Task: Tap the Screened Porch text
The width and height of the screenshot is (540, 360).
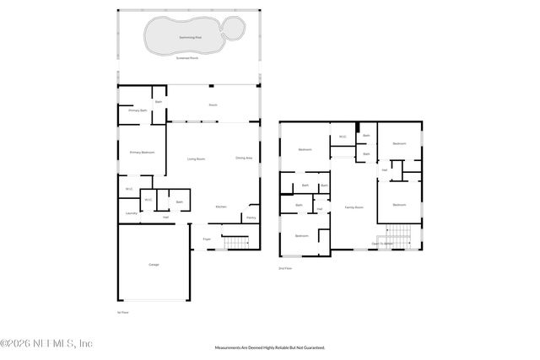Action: tap(188, 59)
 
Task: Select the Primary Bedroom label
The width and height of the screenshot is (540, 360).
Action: tap(141, 153)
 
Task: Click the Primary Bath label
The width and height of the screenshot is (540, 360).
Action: tap(138, 110)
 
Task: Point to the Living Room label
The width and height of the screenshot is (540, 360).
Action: tap(196, 159)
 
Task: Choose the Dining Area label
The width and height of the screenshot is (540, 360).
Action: tap(244, 159)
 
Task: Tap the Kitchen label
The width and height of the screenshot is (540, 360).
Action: tap(221, 207)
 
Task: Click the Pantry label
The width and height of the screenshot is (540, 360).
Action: tap(251, 218)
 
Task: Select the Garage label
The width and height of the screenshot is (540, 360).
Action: tap(154, 265)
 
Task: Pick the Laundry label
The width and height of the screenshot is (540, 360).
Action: tap(131, 213)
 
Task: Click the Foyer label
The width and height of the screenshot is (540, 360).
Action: tap(207, 239)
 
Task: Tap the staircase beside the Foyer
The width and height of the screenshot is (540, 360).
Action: tap(236, 244)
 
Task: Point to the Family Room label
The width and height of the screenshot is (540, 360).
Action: tap(354, 207)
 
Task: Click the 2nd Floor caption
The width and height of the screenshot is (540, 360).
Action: tap(285, 268)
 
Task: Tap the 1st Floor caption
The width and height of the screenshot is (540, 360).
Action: tap(123, 312)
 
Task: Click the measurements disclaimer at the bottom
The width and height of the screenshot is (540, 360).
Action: tap(270, 347)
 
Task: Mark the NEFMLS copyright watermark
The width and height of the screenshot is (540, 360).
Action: tap(46, 343)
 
